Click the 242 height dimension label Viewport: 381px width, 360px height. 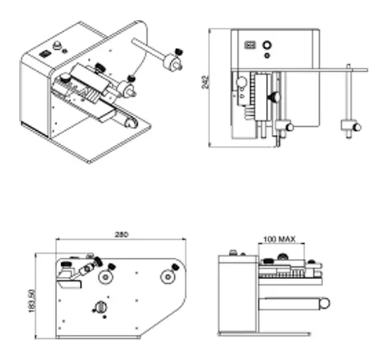tap(205, 82)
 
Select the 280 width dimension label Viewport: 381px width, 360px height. tap(121, 234)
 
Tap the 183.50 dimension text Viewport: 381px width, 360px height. tap(32, 301)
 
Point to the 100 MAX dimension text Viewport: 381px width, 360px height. tap(279, 239)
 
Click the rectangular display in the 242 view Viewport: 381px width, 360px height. tap(250, 45)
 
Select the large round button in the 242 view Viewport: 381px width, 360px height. tap(267, 45)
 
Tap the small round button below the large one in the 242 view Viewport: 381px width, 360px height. tap(267, 56)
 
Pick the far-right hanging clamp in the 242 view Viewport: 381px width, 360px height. tap(351, 126)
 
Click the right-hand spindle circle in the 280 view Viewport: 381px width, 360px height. tap(168, 276)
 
